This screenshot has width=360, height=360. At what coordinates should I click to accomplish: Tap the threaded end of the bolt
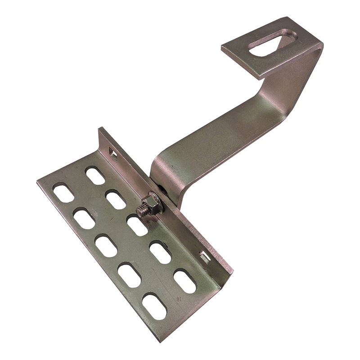coord(143,209)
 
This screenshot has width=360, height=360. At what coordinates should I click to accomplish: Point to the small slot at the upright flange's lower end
coord(204,257)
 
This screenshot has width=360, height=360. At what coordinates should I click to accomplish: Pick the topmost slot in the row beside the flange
coord(95,175)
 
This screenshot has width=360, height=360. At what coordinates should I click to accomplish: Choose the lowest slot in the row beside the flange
coord(184,281)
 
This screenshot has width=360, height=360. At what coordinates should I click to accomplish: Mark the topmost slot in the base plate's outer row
coord(63,193)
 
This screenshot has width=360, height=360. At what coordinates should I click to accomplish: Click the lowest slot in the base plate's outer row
coord(154,306)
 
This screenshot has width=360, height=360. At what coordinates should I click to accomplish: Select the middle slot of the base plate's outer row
coord(106,246)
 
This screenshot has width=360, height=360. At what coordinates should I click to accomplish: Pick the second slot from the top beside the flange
coord(116,200)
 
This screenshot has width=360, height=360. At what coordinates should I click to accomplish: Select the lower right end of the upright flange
coord(230,271)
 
